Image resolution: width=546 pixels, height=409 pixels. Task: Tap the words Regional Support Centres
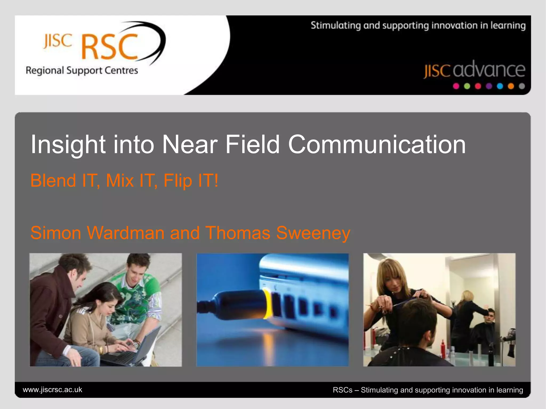(x=82, y=71)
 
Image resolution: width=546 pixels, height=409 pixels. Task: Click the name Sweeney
(x=313, y=233)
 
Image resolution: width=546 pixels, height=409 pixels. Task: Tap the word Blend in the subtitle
(x=53, y=181)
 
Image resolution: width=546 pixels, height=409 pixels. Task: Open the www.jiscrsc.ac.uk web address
(x=53, y=390)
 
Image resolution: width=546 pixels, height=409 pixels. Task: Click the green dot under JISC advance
(x=467, y=86)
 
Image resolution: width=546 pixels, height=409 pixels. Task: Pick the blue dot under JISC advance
(x=500, y=86)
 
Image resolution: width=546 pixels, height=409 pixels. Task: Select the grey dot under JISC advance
(x=522, y=86)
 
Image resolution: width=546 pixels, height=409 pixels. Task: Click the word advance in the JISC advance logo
(x=489, y=70)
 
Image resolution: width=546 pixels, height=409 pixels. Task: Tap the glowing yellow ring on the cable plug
(x=267, y=304)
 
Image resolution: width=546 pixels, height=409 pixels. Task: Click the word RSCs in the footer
(x=342, y=390)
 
